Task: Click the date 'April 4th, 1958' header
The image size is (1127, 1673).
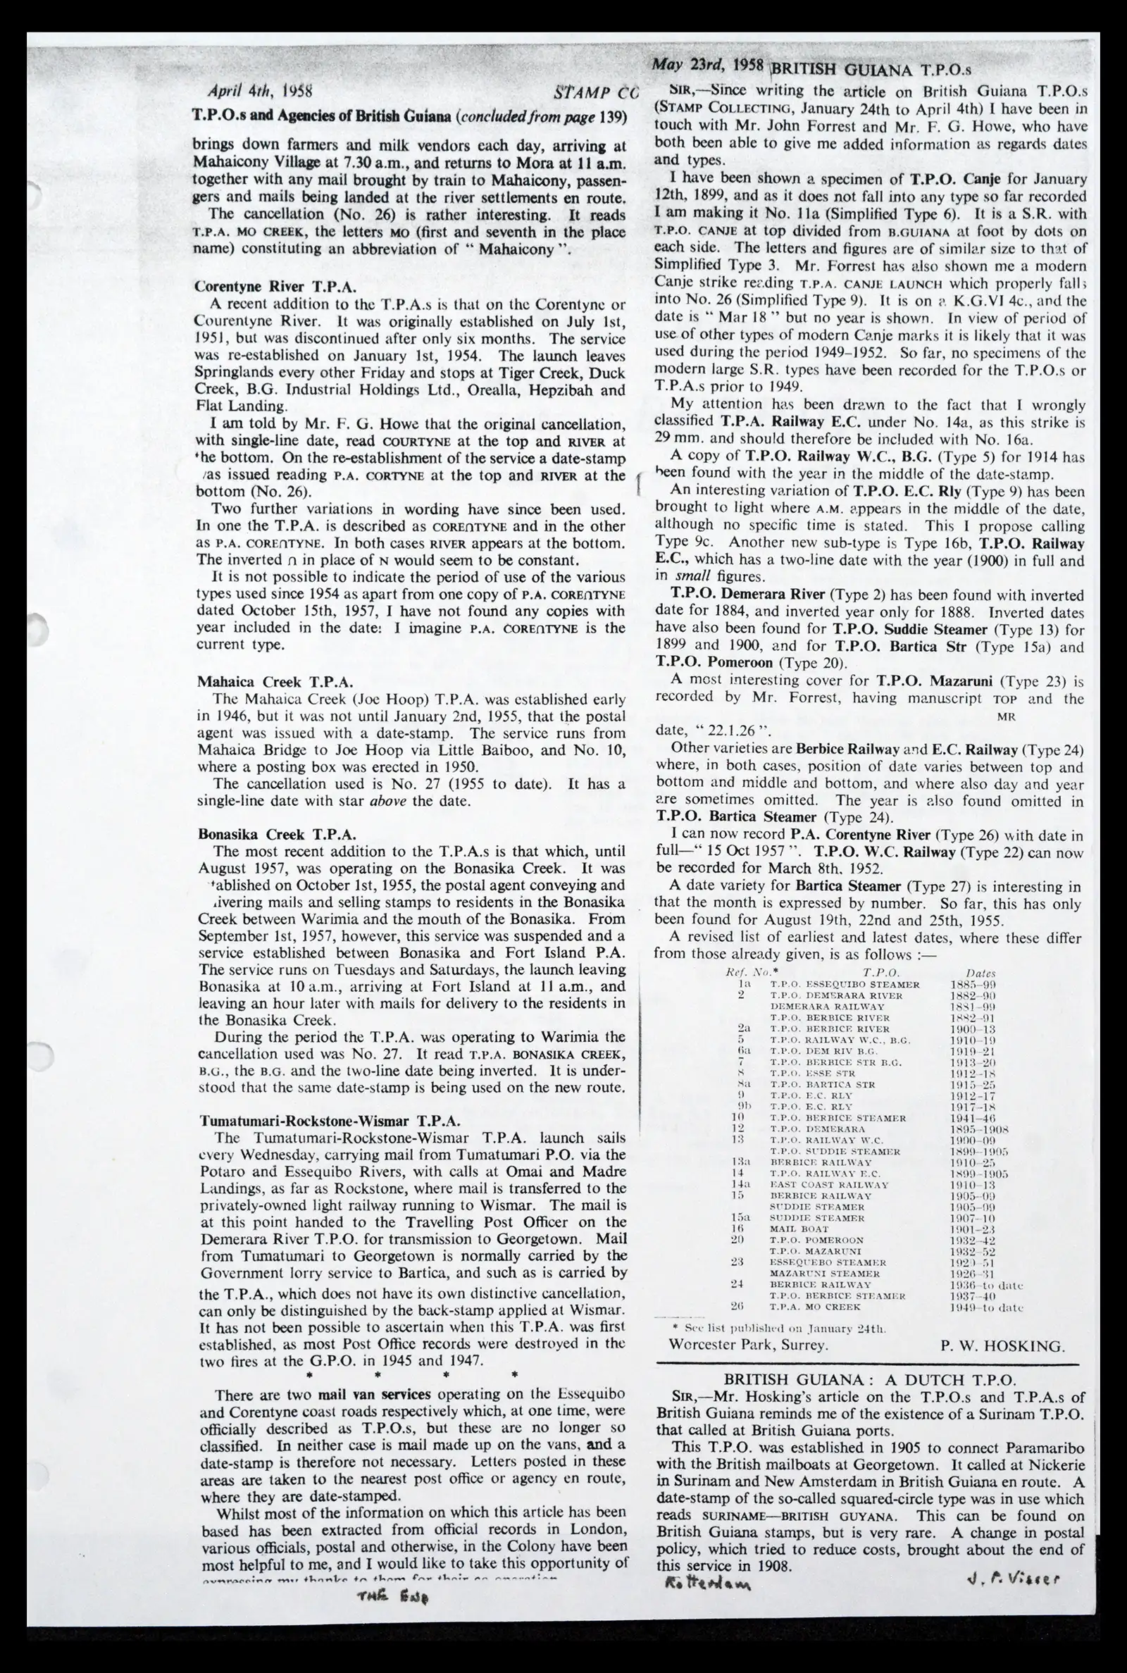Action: [x=259, y=92]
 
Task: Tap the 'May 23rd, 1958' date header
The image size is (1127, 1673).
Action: [x=707, y=65]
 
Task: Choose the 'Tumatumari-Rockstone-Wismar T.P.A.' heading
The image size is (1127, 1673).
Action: [x=330, y=1121]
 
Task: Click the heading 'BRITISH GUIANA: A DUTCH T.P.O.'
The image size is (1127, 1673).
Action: [x=869, y=1379]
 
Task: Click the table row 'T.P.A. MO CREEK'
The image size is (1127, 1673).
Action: [x=815, y=1307]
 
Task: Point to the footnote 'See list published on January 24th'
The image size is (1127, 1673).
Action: [x=777, y=1328]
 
